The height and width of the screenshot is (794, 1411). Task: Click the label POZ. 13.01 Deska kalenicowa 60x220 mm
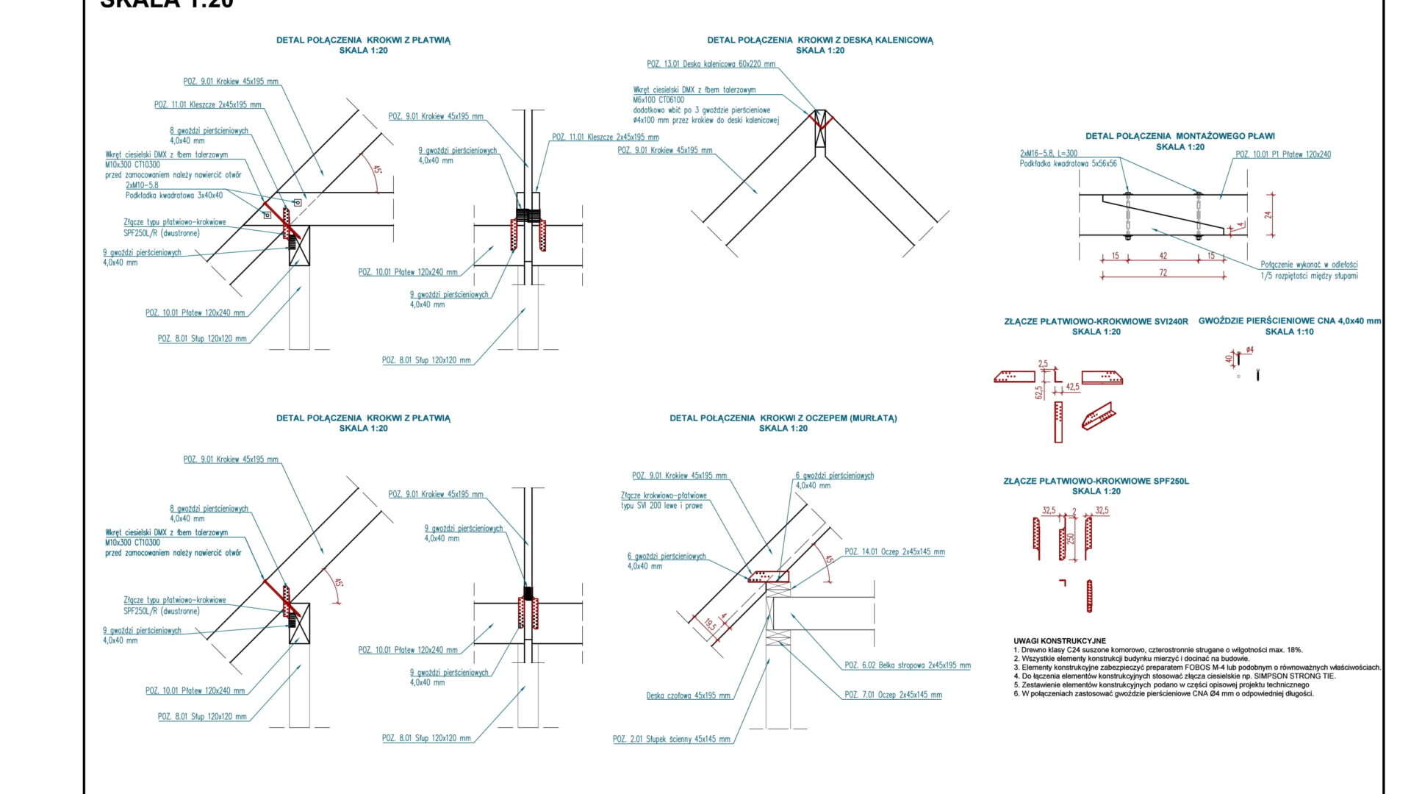(x=711, y=65)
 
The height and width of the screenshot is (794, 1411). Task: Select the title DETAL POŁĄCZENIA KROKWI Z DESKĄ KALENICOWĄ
(x=820, y=40)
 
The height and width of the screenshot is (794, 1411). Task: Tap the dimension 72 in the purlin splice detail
(x=1163, y=273)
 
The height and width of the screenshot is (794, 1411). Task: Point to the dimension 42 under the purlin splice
(x=1163, y=256)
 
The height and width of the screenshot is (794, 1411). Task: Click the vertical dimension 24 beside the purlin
(x=1268, y=215)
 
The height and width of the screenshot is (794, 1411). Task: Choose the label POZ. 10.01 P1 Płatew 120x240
(x=1282, y=154)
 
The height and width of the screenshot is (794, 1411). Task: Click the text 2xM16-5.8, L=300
(x=1049, y=154)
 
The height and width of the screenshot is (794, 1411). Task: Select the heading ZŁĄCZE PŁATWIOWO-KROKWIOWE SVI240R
(x=1096, y=321)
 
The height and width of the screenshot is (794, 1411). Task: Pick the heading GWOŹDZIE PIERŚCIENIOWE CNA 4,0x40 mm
(x=1289, y=321)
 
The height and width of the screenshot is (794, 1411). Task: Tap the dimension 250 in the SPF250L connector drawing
(x=1071, y=538)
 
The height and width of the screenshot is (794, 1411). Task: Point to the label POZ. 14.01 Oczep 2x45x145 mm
(x=894, y=552)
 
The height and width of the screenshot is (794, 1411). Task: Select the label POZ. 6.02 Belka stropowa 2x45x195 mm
(x=907, y=665)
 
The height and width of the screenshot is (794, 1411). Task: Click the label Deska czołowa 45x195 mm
(x=688, y=695)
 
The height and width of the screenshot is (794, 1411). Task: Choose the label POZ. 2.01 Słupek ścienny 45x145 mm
(x=671, y=740)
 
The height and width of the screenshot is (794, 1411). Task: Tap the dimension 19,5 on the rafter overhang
(x=710, y=625)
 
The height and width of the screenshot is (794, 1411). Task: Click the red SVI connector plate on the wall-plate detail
(x=769, y=576)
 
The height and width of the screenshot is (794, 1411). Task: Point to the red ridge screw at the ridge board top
(x=821, y=120)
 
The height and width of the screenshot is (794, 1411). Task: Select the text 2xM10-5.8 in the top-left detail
(x=142, y=185)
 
